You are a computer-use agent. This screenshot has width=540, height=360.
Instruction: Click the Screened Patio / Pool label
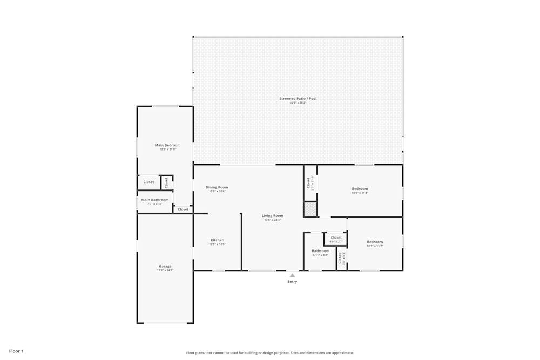tap(298, 99)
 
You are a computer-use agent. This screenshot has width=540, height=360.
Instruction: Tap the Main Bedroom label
tap(167, 145)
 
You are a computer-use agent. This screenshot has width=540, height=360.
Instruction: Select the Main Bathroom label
tap(155, 200)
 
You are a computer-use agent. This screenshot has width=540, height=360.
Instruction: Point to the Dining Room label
tap(217, 187)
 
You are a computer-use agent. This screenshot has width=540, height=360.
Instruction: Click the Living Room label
tap(273, 216)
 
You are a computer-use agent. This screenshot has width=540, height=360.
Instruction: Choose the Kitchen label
tap(217, 240)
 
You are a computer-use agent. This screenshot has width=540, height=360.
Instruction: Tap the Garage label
tap(165, 266)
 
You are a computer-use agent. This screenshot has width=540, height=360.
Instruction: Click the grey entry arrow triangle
tap(292, 275)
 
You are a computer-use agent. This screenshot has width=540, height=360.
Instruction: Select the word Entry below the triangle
tap(292, 282)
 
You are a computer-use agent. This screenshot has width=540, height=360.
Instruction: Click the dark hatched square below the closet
tap(310, 209)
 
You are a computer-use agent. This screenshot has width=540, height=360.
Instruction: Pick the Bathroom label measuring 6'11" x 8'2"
tap(320, 251)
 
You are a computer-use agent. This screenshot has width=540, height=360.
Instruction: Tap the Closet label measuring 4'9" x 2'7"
tap(336, 237)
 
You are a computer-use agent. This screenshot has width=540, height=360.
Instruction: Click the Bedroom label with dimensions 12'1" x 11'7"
tap(375, 242)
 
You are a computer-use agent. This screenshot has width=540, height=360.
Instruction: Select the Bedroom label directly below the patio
tap(360, 189)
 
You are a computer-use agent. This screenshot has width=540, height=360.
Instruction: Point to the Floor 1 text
tap(16, 351)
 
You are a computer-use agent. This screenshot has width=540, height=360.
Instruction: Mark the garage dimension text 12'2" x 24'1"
tap(165, 270)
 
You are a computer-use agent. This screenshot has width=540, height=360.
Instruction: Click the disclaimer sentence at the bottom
tap(270, 353)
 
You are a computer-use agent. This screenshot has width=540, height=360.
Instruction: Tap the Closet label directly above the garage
tap(183, 209)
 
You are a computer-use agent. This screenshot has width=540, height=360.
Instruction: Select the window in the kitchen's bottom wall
tap(218, 270)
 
